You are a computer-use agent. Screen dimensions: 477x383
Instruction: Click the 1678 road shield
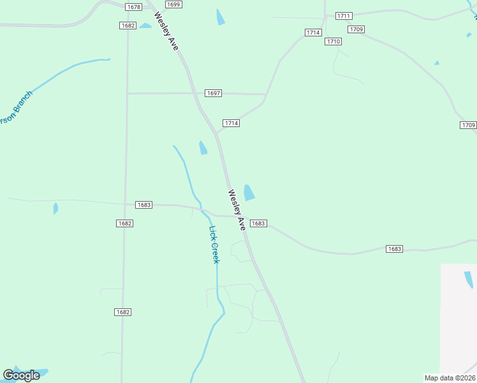point(133,7)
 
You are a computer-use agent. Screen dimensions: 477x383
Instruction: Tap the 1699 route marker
point(173,4)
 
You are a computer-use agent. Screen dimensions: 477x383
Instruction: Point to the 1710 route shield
point(334,41)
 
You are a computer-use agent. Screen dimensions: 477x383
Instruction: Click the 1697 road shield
point(213,93)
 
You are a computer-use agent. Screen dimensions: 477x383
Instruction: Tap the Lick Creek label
point(215,245)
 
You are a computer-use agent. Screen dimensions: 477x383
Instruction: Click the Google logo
point(21,375)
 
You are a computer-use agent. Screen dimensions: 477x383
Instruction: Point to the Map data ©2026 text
point(450,378)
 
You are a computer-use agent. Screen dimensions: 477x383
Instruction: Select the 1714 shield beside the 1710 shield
point(312,33)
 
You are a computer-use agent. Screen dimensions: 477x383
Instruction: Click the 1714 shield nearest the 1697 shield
point(231,123)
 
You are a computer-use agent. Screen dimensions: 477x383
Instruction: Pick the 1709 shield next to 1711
point(356,29)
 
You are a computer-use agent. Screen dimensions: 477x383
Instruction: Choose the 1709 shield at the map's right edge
point(468,125)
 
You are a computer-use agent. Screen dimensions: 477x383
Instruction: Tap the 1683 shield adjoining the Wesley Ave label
point(258,223)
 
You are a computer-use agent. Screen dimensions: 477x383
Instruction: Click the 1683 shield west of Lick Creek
point(143,205)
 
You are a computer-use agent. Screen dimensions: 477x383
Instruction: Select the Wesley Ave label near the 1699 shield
point(165,31)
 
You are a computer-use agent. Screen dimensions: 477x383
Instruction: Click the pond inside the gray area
point(469,280)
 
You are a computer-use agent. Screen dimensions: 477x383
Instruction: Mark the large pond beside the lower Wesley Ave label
point(249,192)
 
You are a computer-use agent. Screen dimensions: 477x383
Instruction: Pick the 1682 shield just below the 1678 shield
point(128,26)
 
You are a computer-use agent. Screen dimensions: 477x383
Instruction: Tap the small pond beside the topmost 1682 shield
point(145,26)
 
